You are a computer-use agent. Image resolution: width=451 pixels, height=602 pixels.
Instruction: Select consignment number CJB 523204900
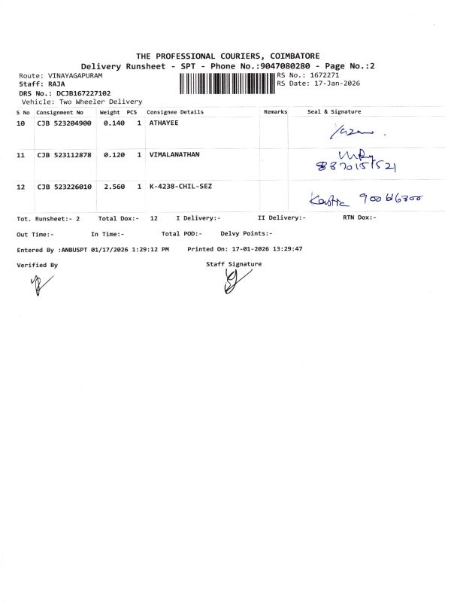coord(64,122)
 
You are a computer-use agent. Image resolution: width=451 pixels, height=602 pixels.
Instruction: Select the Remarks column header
coord(276,111)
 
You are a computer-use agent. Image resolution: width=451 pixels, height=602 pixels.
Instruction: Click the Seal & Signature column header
coord(334,111)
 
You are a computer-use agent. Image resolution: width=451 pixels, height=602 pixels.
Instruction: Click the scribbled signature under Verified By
coord(36,284)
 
